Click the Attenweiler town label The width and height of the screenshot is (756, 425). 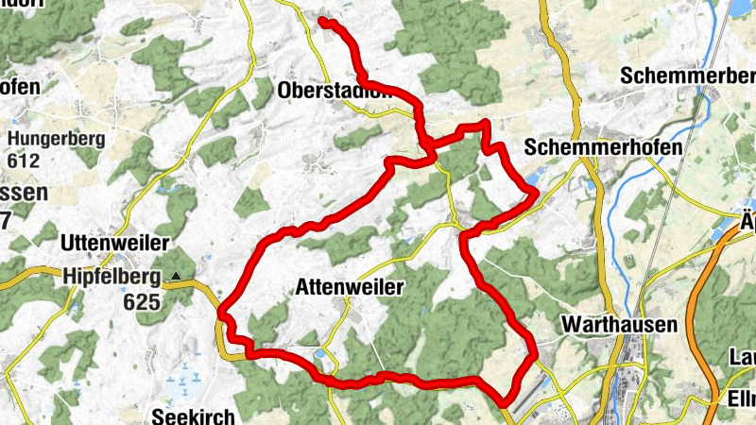click(350, 285)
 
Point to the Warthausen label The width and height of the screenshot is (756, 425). click(619, 325)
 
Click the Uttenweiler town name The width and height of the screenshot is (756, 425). click(106, 243)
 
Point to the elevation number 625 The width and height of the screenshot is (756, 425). click(143, 303)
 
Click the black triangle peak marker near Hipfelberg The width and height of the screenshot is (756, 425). click(176, 277)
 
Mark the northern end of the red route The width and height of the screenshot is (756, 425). click(322, 20)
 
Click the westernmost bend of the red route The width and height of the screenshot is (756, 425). click(221, 310)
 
